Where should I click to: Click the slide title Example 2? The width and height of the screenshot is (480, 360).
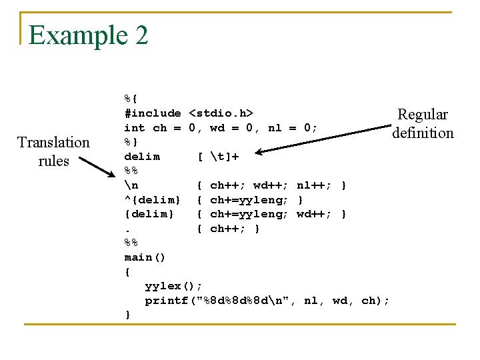click(x=88, y=35)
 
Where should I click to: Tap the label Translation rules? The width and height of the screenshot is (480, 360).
click(x=53, y=151)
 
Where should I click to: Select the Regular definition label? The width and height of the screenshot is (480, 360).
click(x=423, y=123)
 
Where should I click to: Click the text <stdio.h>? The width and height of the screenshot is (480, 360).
click(x=221, y=113)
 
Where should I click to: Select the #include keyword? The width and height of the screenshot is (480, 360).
click(x=153, y=113)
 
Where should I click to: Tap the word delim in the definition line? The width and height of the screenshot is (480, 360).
click(x=142, y=157)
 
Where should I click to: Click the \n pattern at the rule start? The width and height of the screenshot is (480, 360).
click(x=131, y=185)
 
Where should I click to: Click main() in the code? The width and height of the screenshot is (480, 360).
click(x=145, y=257)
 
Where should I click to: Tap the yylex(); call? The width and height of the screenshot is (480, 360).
click(x=174, y=286)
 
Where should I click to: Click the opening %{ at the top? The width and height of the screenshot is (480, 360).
click(x=131, y=99)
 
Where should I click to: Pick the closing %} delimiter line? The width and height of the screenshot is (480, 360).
click(x=131, y=142)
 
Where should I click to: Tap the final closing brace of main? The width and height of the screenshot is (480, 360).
click(x=127, y=315)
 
